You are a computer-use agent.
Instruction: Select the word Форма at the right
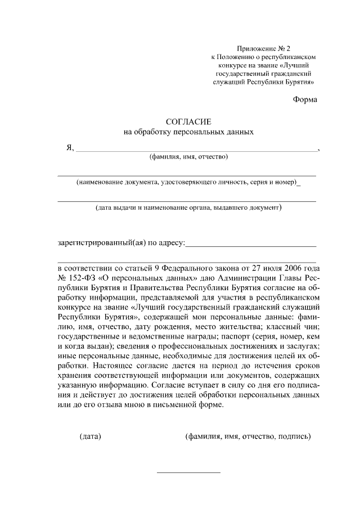[x=305, y=100]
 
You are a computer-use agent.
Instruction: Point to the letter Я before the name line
[x=70, y=148]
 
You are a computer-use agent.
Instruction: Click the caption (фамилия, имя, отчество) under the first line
[x=188, y=157]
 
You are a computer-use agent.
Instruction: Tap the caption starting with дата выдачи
[x=188, y=208]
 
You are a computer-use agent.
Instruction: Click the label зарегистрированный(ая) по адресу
[x=121, y=243]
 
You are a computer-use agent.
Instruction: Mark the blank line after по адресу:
[x=250, y=246]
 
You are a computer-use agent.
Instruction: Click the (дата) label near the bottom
[x=90, y=436]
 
